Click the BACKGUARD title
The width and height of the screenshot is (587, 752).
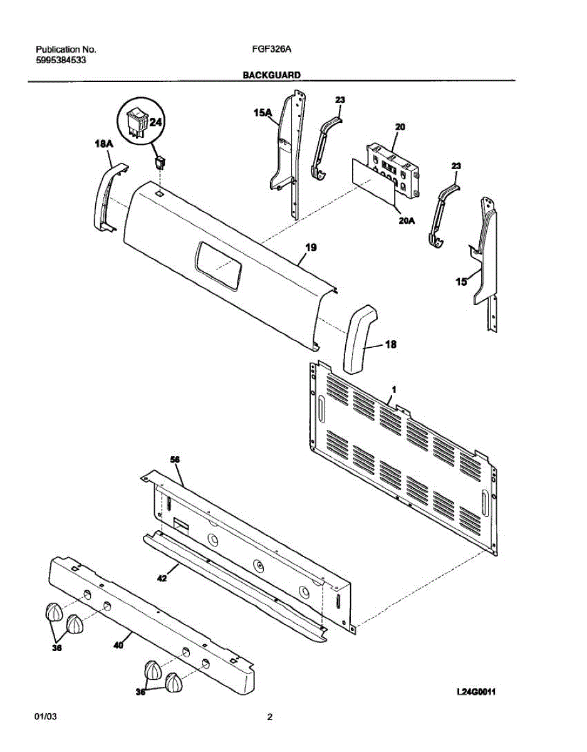point(272,75)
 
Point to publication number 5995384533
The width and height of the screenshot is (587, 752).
point(61,60)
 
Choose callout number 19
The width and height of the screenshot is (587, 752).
point(311,248)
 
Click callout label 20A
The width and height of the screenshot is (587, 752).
point(407,220)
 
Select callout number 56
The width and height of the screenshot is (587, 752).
point(175,460)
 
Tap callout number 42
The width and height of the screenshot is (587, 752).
point(162,579)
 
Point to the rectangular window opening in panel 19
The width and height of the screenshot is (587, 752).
point(217,266)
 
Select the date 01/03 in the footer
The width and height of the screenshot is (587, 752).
point(44,718)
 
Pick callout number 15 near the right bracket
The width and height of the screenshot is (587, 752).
point(460,282)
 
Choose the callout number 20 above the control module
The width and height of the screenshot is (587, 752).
point(400,127)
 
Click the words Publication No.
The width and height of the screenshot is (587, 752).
point(66,49)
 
